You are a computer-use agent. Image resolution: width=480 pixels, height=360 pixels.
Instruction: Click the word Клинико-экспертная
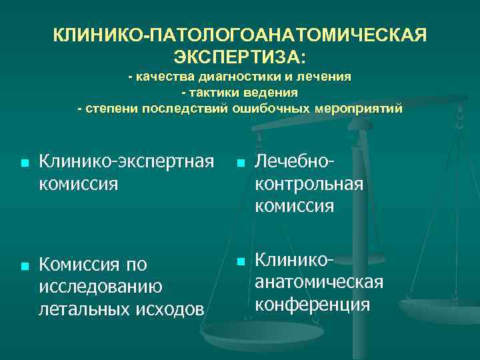(x=127, y=161)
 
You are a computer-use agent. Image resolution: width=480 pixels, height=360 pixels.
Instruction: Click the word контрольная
(x=309, y=183)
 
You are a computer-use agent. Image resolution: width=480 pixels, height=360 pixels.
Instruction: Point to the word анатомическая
(x=319, y=282)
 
